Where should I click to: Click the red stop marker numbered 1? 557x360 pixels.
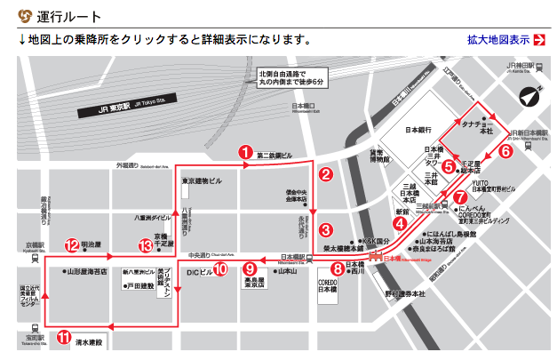pyautogui.click(x=244, y=152)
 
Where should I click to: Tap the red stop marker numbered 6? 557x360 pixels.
pyautogui.click(x=505, y=150)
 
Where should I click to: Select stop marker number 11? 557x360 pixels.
pyautogui.click(x=64, y=337)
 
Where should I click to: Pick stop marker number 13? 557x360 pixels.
pyautogui.click(x=146, y=246)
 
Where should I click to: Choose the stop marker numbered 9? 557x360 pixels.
pyautogui.click(x=251, y=268)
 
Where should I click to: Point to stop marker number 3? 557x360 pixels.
pyautogui.click(x=326, y=230)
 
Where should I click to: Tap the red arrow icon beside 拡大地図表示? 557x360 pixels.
pyautogui.click(x=539, y=40)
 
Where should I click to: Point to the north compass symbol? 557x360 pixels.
pyautogui.click(x=529, y=97)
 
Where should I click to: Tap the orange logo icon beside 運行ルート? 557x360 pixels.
pyautogui.click(x=24, y=16)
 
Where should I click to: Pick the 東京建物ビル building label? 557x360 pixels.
pyautogui.click(x=208, y=181)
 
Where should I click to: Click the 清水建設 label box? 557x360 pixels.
pyautogui.click(x=88, y=341)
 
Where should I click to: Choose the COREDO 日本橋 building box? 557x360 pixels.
pyautogui.click(x=329, y=287)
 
